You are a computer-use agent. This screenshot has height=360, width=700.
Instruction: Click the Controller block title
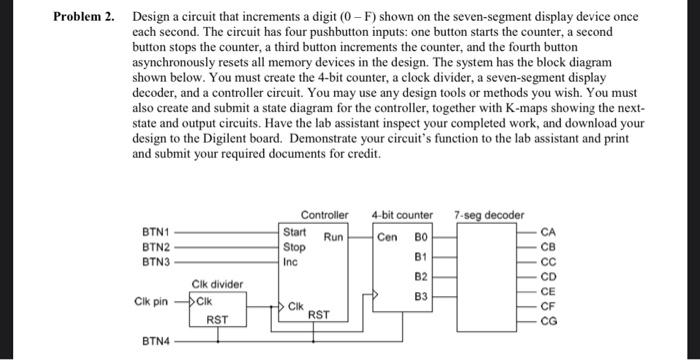325,215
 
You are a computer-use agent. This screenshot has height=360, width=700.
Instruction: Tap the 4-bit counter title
402,215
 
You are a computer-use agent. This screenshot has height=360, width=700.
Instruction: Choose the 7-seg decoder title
488,215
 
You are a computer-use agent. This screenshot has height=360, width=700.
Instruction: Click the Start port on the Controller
295,232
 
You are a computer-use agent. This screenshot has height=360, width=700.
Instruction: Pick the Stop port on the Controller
294,246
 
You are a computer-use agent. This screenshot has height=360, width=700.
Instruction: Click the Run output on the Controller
334,238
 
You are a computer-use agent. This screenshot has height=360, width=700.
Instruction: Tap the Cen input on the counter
388,238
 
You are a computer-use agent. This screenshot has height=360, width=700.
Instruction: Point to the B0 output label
423,238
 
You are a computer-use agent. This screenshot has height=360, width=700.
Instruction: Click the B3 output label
423,296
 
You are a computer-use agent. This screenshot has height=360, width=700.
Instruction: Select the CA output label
547,233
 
